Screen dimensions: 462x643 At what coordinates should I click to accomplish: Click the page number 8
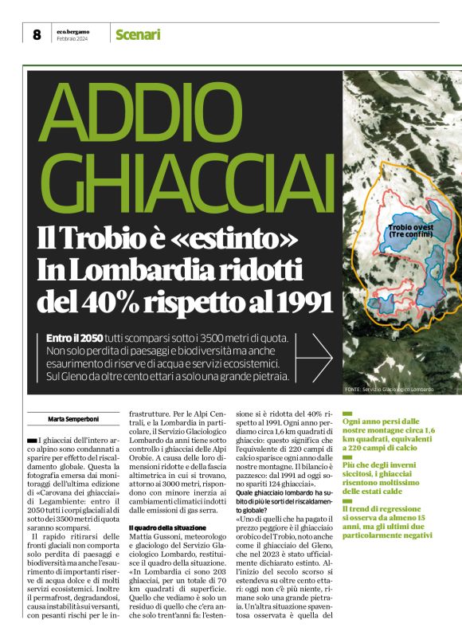point(36,34)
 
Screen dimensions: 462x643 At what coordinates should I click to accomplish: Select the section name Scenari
point(138,34)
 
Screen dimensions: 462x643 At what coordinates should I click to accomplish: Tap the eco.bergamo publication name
point(72,31)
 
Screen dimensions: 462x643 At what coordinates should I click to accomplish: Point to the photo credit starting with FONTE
point(390,389)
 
